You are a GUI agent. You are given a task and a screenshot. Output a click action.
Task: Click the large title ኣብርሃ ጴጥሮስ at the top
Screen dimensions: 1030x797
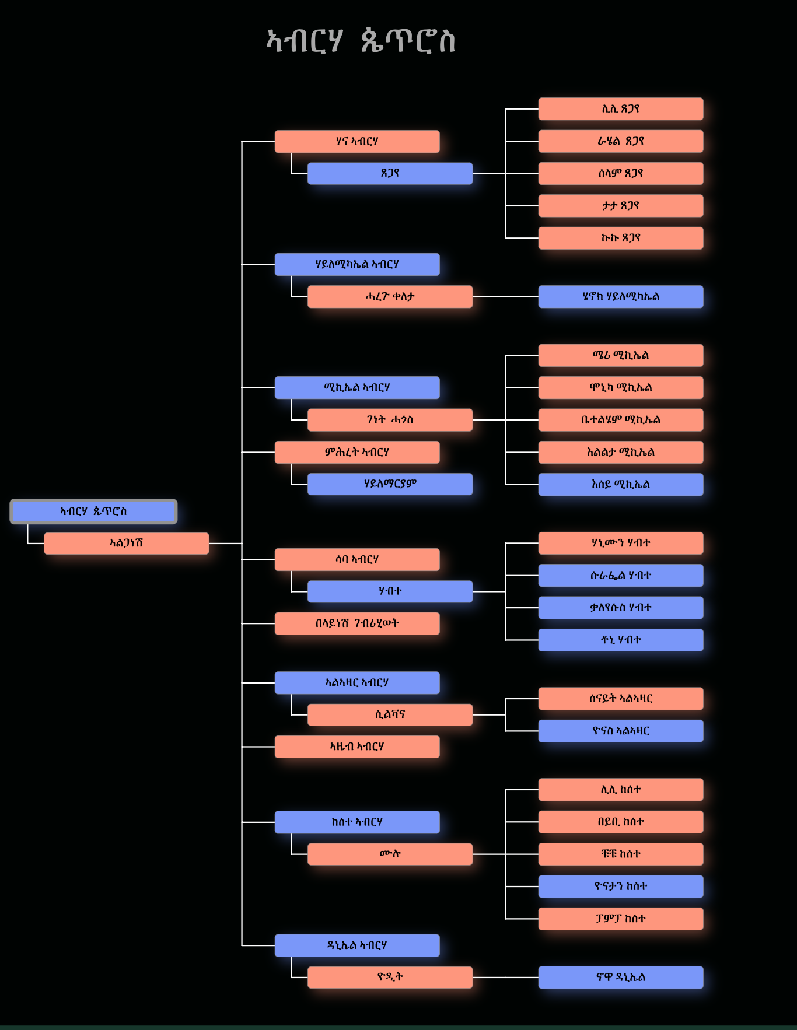[361, 41]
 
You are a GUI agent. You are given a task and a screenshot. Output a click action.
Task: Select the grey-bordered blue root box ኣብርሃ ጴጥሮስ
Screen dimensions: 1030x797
[93, 512]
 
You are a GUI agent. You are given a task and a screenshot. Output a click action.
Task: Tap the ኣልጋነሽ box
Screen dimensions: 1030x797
[126, 544]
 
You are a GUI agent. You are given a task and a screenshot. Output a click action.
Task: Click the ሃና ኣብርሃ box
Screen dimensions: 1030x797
[357, 142]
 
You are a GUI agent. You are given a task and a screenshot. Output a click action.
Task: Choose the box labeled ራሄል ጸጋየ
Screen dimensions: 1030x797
[620, 142]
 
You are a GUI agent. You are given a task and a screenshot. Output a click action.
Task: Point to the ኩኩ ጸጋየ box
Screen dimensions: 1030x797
[620, 239]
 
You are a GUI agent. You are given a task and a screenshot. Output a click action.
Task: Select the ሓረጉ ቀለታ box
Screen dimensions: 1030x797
[390, 297]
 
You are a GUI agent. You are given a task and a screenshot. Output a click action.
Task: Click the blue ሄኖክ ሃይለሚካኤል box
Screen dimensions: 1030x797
[620, 297]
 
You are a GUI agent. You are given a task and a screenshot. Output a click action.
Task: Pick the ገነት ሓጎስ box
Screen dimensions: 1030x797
[390, 420]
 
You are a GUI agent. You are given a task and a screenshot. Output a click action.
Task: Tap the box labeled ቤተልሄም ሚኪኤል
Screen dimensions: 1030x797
[620, 420]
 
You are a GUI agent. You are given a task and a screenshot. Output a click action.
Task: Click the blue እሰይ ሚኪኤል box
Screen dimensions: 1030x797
[620, 485]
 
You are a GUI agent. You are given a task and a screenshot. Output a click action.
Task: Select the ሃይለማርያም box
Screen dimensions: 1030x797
[390, 484]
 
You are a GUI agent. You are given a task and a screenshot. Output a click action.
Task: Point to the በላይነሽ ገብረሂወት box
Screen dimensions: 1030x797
[357, 623]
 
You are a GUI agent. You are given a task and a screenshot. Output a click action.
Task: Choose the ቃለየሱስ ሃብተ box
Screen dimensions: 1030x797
[620, 608]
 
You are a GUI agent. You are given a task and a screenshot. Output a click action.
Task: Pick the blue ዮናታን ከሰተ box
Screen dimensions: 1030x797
[620, 887]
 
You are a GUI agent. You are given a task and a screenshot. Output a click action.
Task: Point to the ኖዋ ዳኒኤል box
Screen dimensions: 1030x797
[620, 978]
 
